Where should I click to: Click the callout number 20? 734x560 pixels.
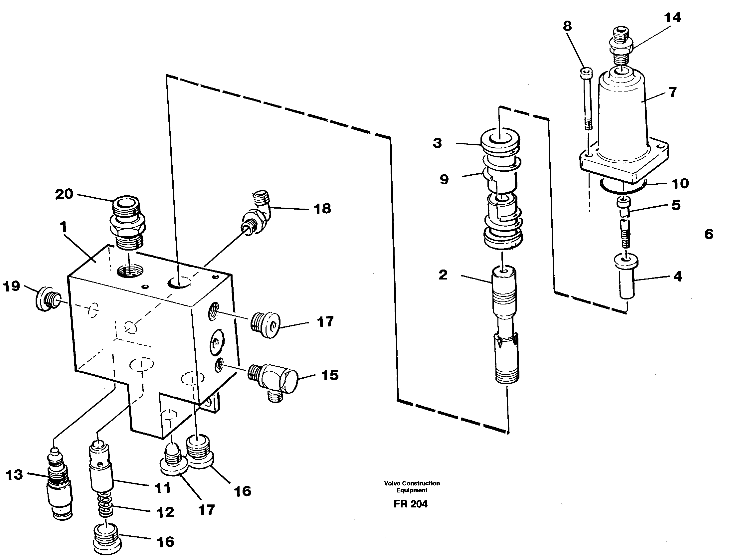coord(64,194)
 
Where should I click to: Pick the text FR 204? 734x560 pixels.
coord(410,504)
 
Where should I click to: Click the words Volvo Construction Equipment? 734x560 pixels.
coord(412,486)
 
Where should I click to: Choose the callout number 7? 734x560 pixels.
coord(673,92)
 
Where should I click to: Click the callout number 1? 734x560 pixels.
coord(63,228)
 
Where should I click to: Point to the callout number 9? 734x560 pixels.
coord(444,179)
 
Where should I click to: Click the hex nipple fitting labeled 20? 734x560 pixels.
coord(126,223)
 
